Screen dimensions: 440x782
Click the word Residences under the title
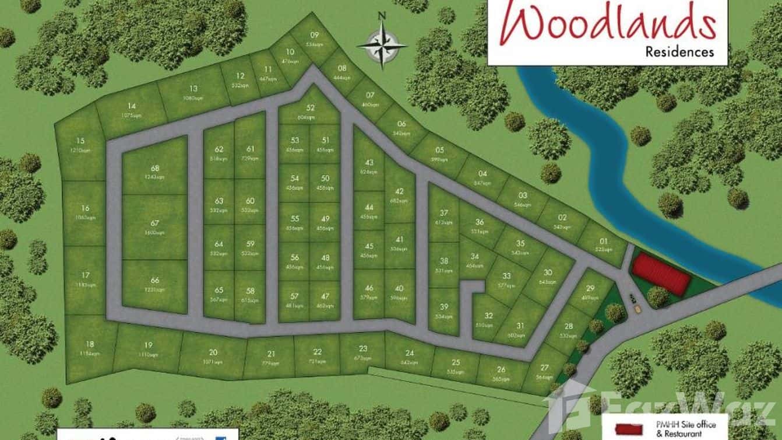click(679, 51)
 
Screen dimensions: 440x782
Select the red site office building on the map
click(661, 274)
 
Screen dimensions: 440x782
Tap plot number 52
click(310, 111)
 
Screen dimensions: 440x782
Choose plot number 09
click(314, 38)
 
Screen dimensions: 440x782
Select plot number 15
click(80, 144)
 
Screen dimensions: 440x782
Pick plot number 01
click(603, 245)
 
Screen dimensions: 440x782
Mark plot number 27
click(544, 371)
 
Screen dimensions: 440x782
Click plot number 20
click(213, 355)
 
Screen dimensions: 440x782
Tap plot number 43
click(368, 166)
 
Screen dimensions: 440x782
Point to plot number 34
click(475, 260)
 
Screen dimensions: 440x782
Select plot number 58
click(251, 294)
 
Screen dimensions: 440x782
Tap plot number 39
click(444, 311)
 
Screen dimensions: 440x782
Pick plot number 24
click(410, 356)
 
